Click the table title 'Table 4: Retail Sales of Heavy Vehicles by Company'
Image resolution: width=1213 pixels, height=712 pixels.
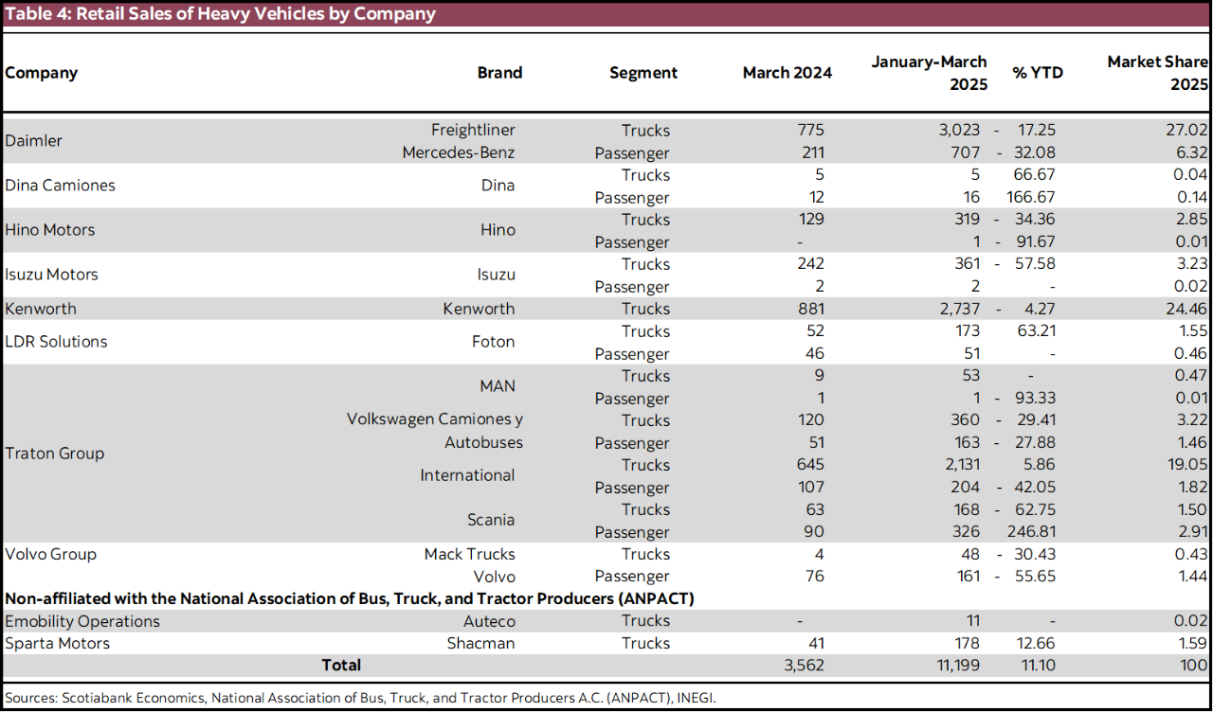(x=221, y=13)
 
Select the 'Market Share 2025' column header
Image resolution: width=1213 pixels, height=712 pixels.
(x=1158, y=73)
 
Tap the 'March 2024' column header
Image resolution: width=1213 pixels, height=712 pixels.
(x=787, y=73)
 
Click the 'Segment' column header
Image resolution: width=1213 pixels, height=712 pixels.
(x=643, y=73)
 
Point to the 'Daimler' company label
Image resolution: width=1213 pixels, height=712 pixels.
(x=34, y=141)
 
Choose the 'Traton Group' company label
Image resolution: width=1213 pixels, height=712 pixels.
(x=55, y=454)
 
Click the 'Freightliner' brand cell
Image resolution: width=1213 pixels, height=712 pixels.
(x=473, y=130)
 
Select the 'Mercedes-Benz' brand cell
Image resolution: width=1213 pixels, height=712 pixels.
(x=458, y=152)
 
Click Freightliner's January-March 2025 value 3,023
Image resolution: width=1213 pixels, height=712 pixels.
(x=959, y=130)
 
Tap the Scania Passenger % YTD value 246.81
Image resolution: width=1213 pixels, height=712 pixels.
(x=1030, y=532)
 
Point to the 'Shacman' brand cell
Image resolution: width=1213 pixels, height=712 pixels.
(x=480, y=643)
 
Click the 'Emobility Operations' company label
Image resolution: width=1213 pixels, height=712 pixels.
(x=82, y=621)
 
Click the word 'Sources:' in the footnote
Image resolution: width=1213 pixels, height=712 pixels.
(x=31, y=698)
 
